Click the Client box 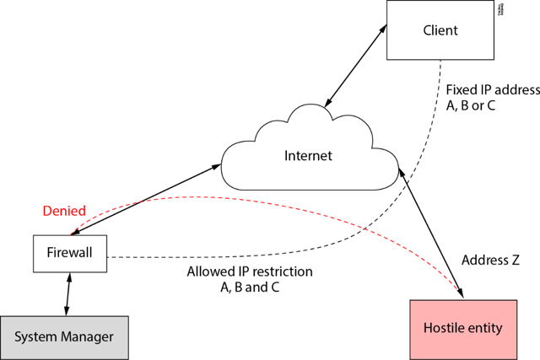click(440, 30)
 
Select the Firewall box click(70, 253)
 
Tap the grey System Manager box click(64, 337)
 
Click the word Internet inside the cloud click(308, 156)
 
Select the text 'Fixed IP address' click(492, 89)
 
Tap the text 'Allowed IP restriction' click(249, 272)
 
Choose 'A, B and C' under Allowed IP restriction click(249, 287)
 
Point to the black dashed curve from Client click(397, 219)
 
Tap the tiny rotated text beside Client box click(501, 11)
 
